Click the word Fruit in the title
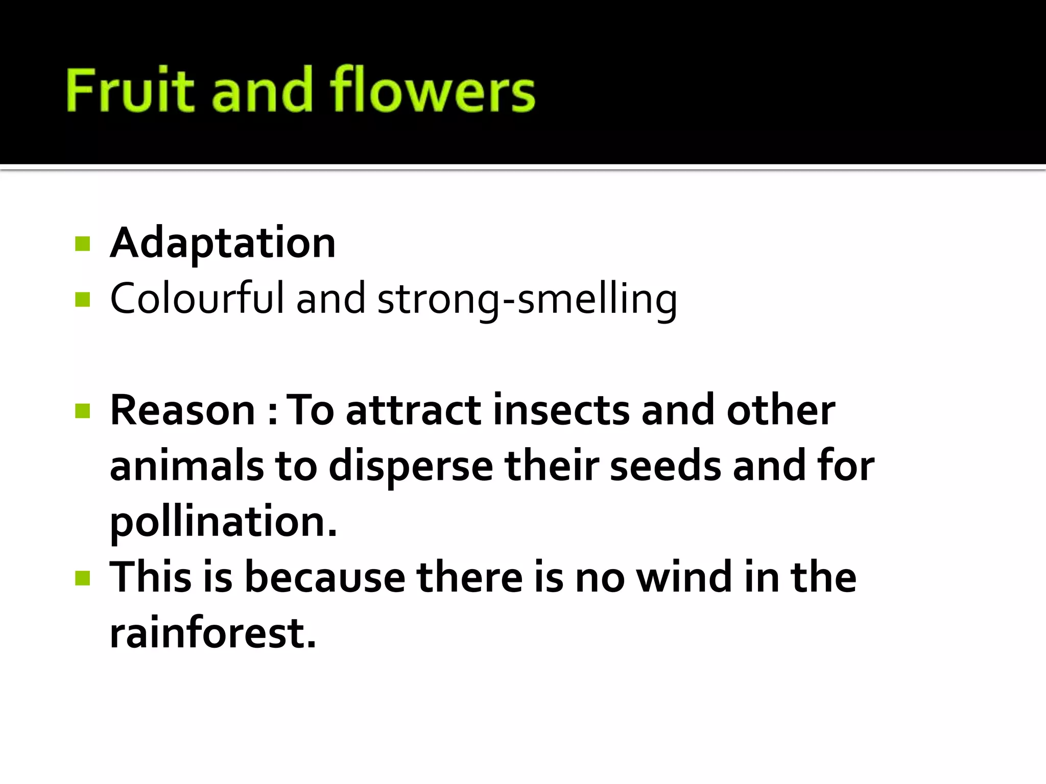pos(130,90)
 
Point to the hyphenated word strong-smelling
pos(527,300)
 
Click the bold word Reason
pos(182,410)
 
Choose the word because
pos(325,578)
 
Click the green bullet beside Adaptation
pos(82,243)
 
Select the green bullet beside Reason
pos(82,411)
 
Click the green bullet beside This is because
pos(82,578)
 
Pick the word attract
pos(413,411)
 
